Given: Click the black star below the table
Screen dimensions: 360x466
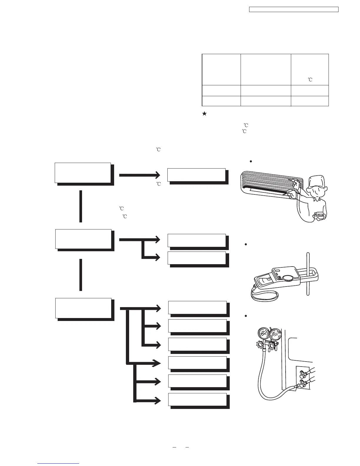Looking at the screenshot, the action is [204, 113].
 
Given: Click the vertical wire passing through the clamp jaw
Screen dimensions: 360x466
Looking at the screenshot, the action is [307, 274].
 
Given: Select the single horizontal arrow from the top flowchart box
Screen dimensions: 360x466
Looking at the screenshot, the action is [139, 175].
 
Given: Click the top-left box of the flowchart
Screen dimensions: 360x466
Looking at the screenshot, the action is [83, 173].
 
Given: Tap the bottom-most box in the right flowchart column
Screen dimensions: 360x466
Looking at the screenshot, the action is [197, 399].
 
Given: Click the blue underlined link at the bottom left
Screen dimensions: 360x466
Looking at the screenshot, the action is [59, 464].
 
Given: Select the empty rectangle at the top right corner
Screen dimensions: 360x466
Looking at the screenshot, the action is [294, 9].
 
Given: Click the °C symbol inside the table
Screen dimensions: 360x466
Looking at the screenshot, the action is [310, 79].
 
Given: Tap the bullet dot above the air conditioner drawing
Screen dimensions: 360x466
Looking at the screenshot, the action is [251, 162].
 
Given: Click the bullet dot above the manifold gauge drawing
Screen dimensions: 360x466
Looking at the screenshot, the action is [245, 316].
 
